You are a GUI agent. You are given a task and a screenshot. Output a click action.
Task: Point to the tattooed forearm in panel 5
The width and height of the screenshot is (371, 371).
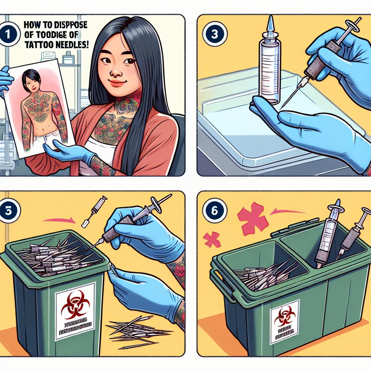[x=179, y=275]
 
